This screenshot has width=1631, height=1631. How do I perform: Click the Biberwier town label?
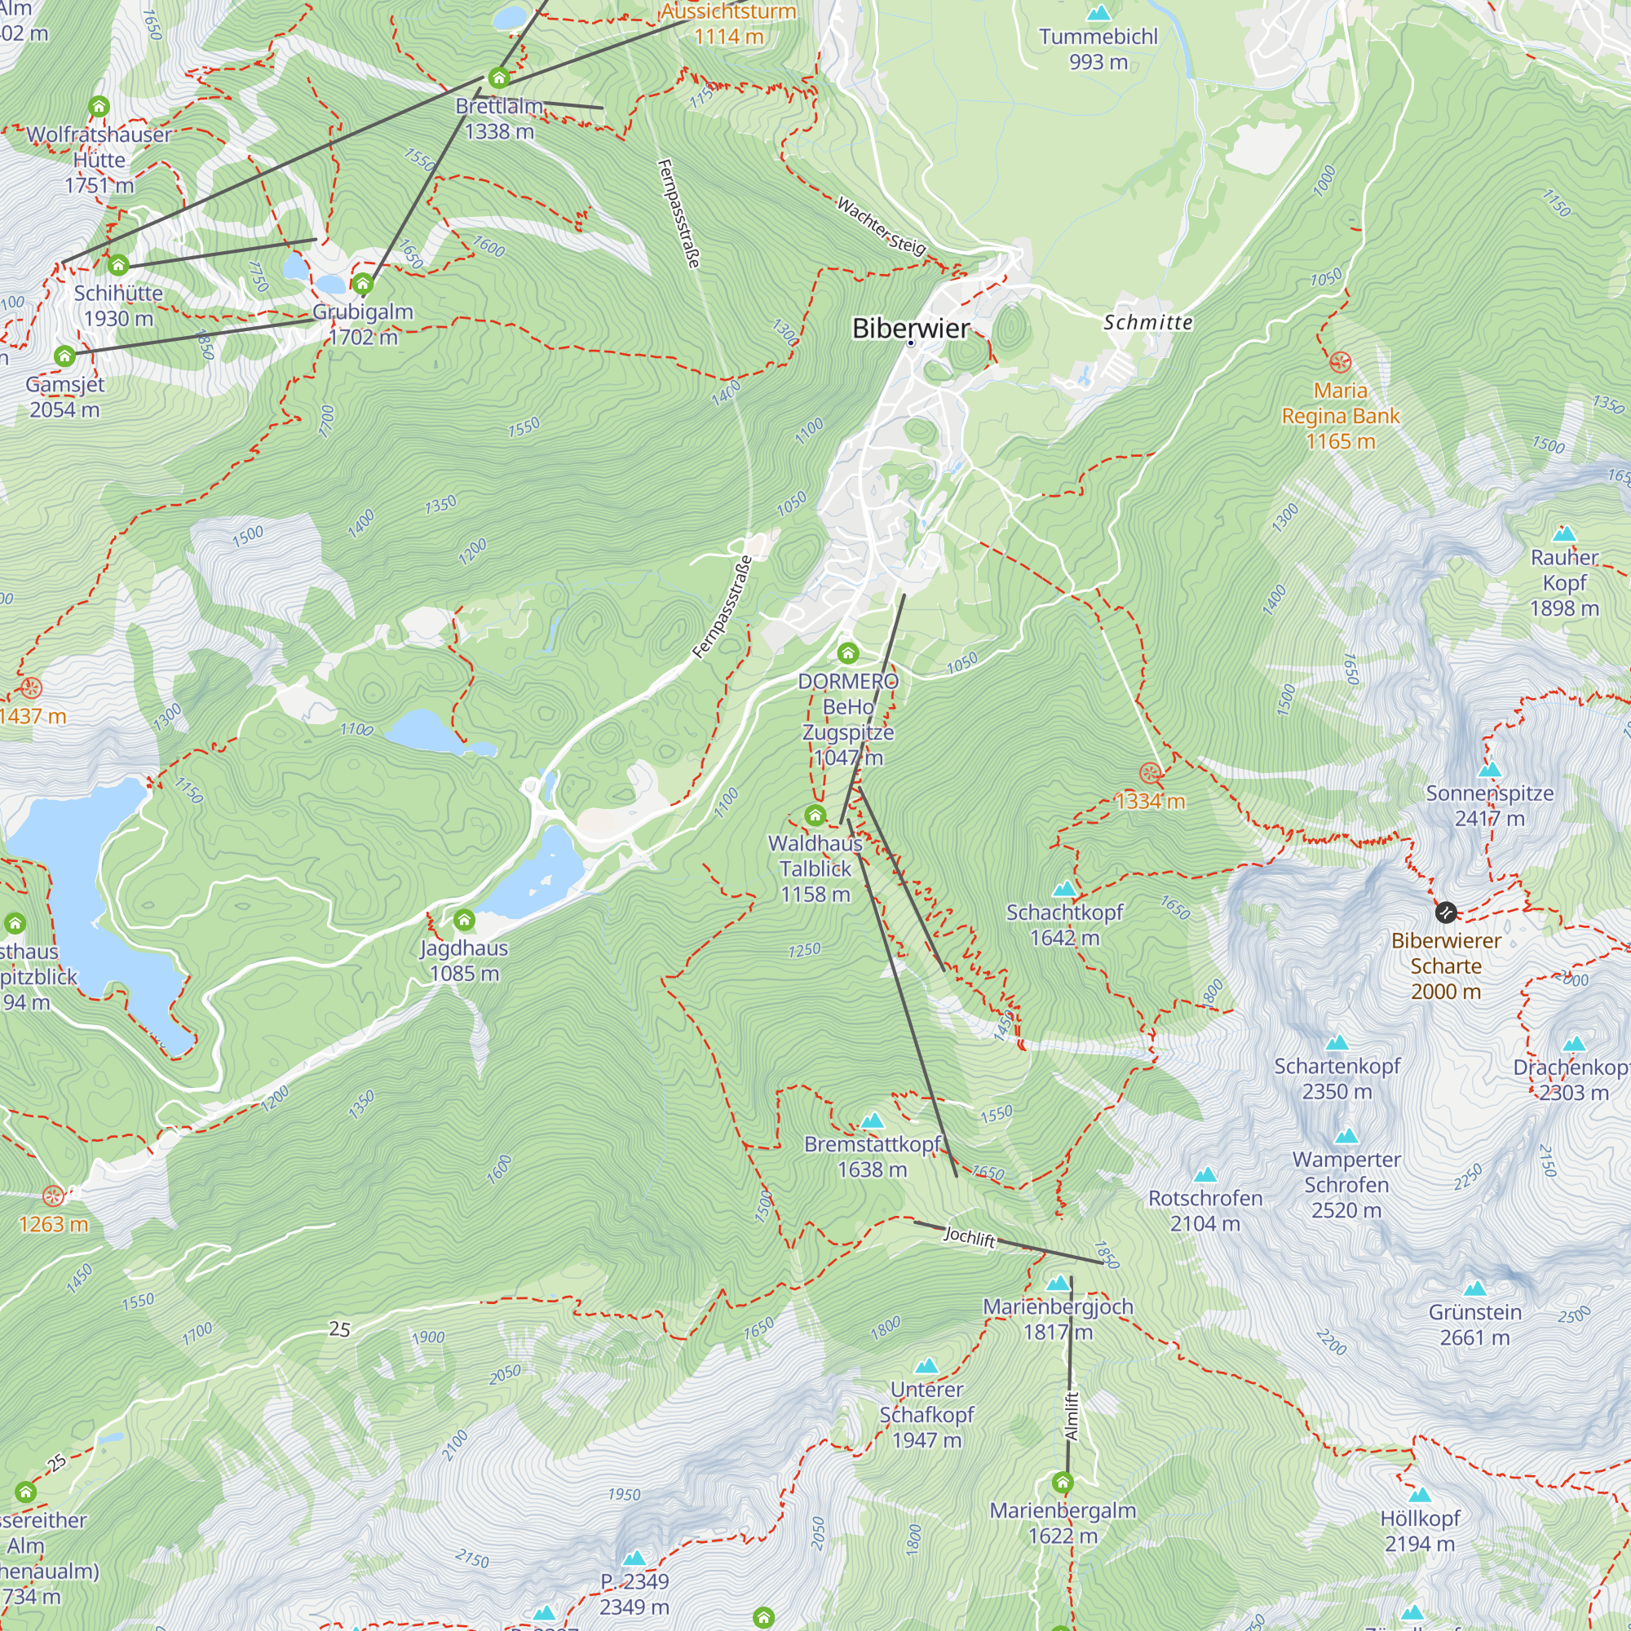tap(910, 328)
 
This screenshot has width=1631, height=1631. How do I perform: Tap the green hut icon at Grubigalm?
tap(363, 283)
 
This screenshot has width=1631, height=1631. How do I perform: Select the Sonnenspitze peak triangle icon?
tap(1490, 769)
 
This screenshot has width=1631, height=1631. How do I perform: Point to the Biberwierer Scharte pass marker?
tap(1445, 913)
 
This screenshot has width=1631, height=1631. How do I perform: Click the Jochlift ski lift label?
tap(969, 1238)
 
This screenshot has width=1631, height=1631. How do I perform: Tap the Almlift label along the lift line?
tap(1072, 1416)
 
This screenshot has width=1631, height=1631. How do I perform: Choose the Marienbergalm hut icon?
tap(1063, 1483)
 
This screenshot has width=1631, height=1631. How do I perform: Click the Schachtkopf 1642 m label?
tap(1064, 925)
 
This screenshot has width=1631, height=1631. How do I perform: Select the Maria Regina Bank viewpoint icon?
tap(1341, 363)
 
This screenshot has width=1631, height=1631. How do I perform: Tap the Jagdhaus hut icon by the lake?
tap(464, 920)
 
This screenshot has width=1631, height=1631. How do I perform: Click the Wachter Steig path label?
tap(882, 225)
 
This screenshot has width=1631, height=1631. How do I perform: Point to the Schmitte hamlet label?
tap(1148, 322)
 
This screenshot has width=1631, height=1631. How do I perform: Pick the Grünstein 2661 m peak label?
tap(1474, 1324)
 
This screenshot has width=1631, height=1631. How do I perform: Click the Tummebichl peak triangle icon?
tap(1098, 13)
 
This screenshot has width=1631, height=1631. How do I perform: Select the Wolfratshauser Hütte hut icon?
tap(99, 106)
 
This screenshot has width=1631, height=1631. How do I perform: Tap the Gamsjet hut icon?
tap(65, 356)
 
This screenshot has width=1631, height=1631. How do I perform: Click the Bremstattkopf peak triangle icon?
tap(872, 1120)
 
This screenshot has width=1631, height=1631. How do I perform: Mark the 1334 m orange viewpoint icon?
tap(1150, 772)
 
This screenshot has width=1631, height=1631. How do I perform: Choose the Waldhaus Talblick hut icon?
tap(815, 815)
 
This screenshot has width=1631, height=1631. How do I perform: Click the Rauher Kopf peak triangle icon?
tap(1564, 533)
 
